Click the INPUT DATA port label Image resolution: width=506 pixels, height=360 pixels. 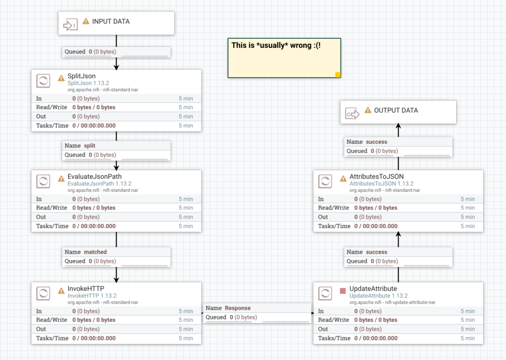coord(111,22)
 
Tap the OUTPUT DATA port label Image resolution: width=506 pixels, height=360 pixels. coord(396,110)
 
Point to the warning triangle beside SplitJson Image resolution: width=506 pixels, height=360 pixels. coord(61,78)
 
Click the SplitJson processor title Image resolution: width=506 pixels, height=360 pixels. coord(82,76)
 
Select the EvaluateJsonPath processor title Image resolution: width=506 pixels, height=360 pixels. coord(94,177)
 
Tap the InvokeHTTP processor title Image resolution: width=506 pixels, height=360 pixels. coord(85,289)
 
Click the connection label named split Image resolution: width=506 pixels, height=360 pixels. coord(89,146)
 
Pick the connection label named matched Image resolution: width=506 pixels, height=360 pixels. coord(95,252)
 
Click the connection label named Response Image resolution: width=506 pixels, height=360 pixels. coord(238,308)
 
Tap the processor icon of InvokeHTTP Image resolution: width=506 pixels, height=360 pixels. coord(43,293)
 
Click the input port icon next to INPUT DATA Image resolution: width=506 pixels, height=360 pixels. coord(70,24)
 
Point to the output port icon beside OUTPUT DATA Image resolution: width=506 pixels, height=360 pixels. coord(352,113)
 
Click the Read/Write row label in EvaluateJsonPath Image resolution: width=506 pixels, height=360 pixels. coord(51,208)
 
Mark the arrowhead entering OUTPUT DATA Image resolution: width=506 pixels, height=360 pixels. coord(398,127)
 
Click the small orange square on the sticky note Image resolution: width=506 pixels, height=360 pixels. coord(338,75)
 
